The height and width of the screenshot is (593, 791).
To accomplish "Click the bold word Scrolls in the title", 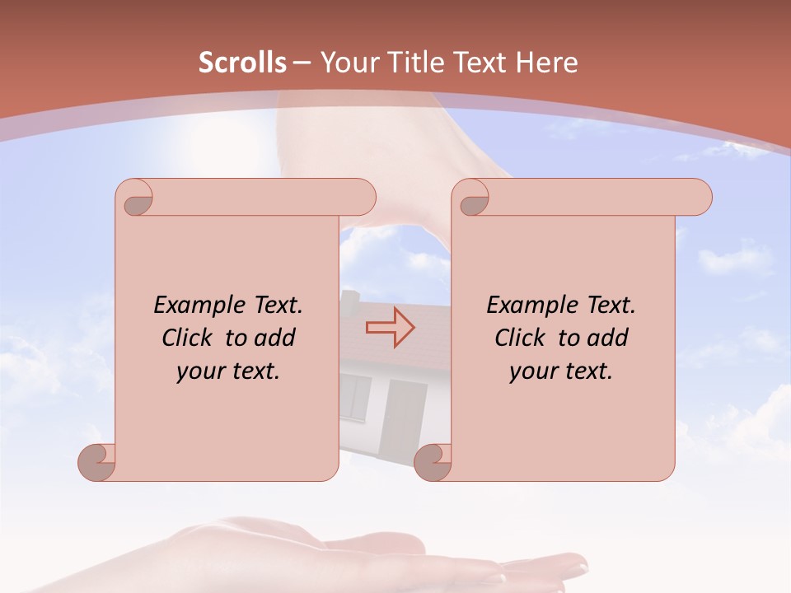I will tap(242, 63).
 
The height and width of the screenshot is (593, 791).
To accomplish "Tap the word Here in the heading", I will tap(547, 63).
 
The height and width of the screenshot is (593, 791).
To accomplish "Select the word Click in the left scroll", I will tap(190, 338).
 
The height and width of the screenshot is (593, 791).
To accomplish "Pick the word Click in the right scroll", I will tap(522, 338).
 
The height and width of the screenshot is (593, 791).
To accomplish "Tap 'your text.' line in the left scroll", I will tap(227, 371).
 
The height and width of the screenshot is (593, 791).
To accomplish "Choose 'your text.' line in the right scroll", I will tap(560, 371).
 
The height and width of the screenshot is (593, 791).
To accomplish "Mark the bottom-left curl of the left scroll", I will tap(97, 462).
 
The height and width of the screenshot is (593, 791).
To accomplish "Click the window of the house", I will tap(355, 395).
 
